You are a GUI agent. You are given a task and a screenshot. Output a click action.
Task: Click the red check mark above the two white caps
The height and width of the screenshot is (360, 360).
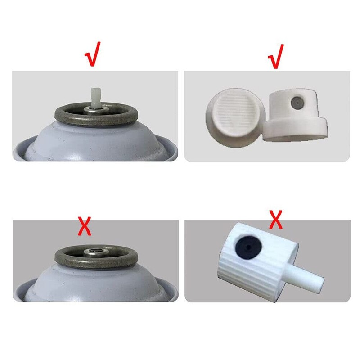[276, 57]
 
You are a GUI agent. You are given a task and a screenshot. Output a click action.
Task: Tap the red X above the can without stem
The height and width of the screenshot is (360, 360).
[85, 226]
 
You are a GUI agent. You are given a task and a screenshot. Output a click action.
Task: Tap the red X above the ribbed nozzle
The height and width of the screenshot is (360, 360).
[275, 220]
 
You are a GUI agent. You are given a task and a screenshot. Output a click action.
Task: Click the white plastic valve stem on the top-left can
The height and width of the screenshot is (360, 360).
[95, 97]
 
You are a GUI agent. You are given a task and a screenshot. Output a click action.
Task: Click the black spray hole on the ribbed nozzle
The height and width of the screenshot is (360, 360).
[248, 247]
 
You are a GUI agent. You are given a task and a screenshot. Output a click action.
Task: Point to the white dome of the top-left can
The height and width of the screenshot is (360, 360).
[95, 142]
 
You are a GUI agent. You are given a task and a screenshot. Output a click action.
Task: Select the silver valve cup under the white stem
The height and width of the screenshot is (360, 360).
[95, 110]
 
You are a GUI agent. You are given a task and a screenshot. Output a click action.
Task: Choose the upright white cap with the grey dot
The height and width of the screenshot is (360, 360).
[295, 114]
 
